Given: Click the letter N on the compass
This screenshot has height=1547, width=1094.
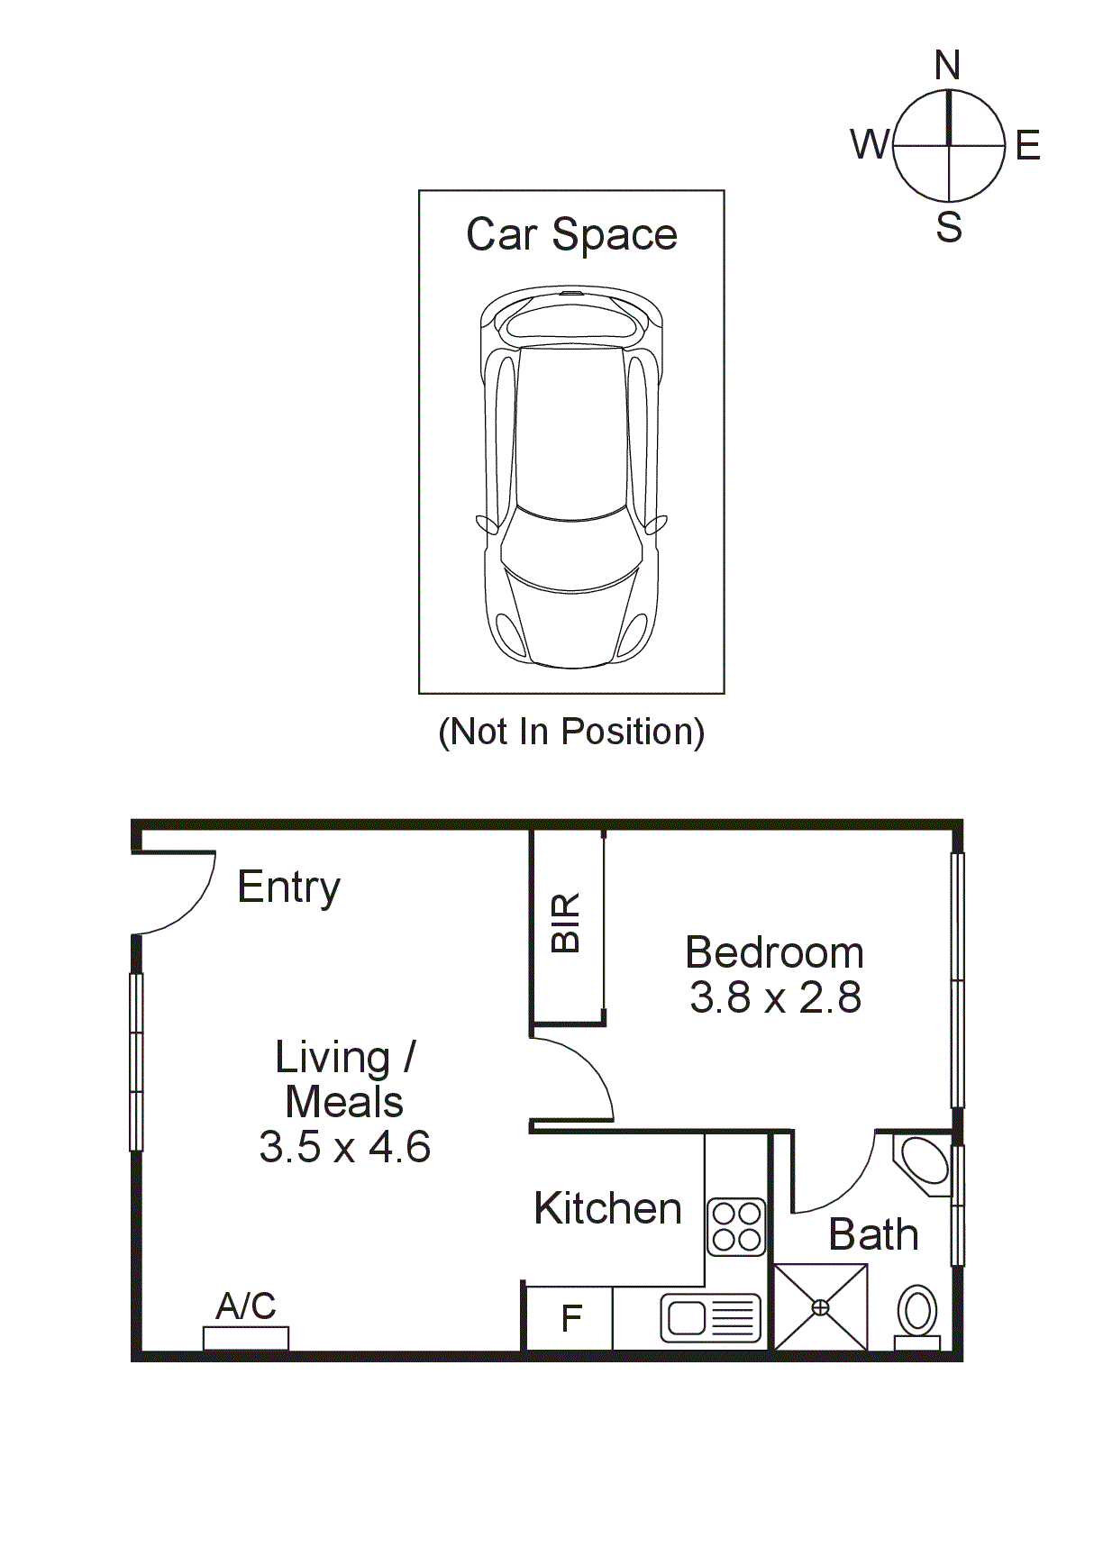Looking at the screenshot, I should click(947, 66).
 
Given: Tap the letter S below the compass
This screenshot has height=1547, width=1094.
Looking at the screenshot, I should click(948, 227).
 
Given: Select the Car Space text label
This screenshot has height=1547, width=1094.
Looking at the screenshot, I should click(571, 235).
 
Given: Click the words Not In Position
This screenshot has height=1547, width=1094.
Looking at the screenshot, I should click(571, 732).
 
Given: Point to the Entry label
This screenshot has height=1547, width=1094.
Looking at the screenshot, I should click(288, 887).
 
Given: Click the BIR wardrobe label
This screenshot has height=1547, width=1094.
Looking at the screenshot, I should click(566, 924).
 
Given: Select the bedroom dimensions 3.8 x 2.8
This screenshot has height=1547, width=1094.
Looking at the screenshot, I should click(775, 998).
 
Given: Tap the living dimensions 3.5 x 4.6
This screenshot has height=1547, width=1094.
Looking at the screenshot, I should click(344, 1147).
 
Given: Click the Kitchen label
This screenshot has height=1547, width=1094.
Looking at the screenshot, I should click(607, 1209).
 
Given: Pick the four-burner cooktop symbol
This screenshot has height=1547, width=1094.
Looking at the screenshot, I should click(735, 1227).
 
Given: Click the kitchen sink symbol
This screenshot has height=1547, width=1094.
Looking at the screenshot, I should click(711, 1318).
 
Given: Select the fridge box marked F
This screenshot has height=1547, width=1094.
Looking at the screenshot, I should click(570, 1319).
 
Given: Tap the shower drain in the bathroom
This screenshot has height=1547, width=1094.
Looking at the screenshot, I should click(820, 1306).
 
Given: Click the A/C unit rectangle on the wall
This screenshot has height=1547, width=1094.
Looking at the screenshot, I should click(246, 1338).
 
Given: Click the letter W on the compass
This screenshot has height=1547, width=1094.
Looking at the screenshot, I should click(869, 144).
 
